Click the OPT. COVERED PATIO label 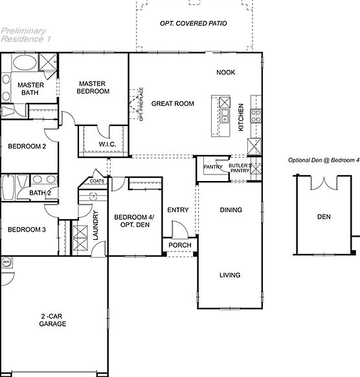[x=193, y=23]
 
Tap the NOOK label [x=226, y=72]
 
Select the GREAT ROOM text [x=173, y=103]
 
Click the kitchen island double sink [x=224, y=116]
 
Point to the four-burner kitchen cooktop [x=256, y=116]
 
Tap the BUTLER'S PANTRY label [x=239, y=168]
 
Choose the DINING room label [x=231, y=210]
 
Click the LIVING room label [x=230, y=275]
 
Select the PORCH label [x=180, y=246]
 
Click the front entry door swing [x=177, y=230]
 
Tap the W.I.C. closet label [x=107, y=144]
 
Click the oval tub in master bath [x=25, y=65]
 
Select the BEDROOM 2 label [x=27, y=146]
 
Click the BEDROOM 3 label [x=27, y=229]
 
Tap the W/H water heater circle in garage [x=7, y=262]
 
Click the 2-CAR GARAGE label [x=53, y=320]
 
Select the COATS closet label [x=97, y=180]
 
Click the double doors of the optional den [x=322, y=185]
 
